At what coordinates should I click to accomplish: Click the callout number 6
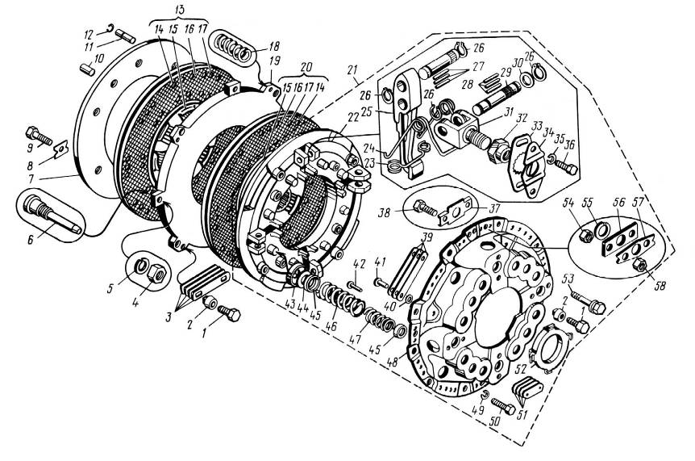31,240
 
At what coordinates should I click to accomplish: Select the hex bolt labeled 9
40,136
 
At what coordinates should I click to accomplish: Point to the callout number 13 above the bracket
180,10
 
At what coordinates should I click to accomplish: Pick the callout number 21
352,69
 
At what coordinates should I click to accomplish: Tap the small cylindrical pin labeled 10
88,69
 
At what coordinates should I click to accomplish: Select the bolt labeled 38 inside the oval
425,207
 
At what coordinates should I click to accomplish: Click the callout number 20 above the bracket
306,68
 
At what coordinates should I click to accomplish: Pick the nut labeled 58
638,265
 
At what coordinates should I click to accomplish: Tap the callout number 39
426,235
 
